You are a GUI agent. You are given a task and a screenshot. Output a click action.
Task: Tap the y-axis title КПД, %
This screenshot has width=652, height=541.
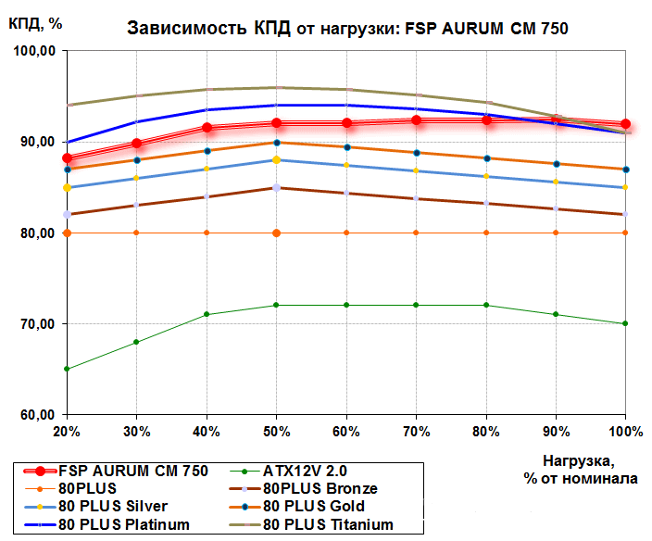tap(36, 23)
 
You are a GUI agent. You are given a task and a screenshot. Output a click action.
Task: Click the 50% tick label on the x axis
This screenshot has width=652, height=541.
tap(276, 432)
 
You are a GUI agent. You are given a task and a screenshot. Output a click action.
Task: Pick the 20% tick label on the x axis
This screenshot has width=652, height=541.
tap(67, 432)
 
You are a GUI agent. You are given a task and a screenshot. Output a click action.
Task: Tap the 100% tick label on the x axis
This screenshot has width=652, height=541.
tap(626, 432)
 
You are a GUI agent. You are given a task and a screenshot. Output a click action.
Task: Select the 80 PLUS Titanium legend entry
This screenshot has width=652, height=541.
tap(328, 524)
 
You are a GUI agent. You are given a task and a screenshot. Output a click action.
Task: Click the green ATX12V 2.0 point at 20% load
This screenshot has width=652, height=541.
tap(67, 369)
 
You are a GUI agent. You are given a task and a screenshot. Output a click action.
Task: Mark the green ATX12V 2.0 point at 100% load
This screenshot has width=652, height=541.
tap(626, 323)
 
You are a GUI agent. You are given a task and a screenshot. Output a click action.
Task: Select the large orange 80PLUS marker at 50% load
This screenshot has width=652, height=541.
tap(276, 233)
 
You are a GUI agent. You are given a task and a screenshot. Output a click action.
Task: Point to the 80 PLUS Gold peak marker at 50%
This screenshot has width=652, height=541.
tap(276, 142)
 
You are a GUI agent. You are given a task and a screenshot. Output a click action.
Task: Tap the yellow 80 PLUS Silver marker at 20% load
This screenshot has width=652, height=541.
tap(67, 188)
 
